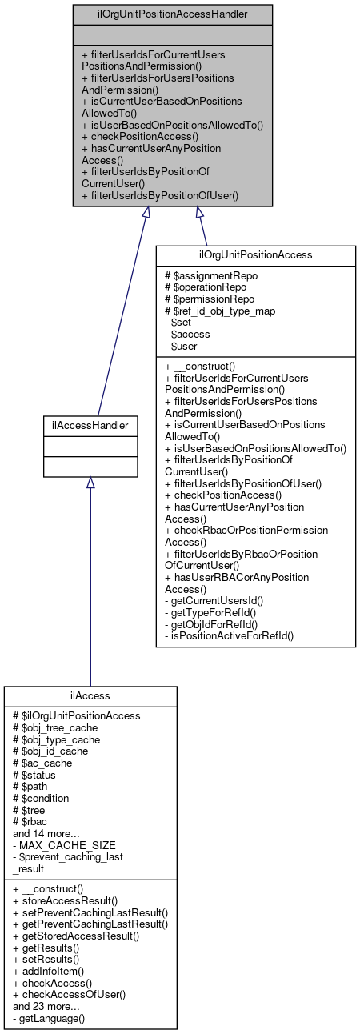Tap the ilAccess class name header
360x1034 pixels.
click(90, 696)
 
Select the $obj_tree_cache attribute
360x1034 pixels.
click(55, 727)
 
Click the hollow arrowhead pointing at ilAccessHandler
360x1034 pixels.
click(90, 483)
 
